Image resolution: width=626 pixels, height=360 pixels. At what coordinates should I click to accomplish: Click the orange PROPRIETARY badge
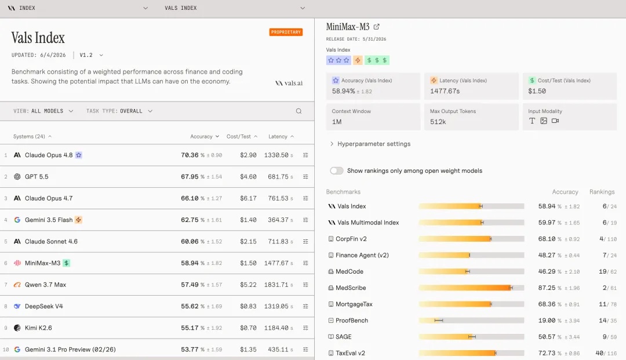coord(286,32)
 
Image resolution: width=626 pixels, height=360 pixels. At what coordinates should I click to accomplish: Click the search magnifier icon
coord(299,111)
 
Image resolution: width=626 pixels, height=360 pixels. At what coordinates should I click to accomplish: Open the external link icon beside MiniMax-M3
coord(377,27)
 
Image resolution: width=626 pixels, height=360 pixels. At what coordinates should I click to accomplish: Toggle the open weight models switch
coord(337,171)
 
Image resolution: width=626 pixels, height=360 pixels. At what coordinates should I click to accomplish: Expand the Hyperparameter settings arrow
coord(332,144)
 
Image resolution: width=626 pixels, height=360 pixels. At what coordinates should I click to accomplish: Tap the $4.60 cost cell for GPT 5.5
coord(248,177)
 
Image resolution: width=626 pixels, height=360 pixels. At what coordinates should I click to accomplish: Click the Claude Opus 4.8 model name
coord(49,155)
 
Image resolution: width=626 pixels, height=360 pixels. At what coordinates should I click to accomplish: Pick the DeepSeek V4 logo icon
coord(17,306)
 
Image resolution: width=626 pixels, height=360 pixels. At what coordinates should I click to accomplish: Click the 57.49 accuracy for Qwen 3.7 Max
coord(190,285)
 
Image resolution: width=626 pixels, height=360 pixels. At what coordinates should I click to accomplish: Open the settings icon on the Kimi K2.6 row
coord(305,328)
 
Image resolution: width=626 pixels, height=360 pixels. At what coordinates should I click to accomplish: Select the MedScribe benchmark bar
coord(471,288)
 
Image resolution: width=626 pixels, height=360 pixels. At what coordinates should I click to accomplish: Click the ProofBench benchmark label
coord(352,321)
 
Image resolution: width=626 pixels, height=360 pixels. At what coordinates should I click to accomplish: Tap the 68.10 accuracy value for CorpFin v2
coord(547,239)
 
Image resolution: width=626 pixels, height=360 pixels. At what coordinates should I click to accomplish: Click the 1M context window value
coord(337,122)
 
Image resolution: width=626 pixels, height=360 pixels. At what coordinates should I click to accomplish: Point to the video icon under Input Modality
coord(555,121)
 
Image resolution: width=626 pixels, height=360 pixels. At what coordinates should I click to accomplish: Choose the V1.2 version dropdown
coord(91,55)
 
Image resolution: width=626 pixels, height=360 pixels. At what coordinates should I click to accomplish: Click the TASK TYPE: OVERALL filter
coord(119,111)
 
